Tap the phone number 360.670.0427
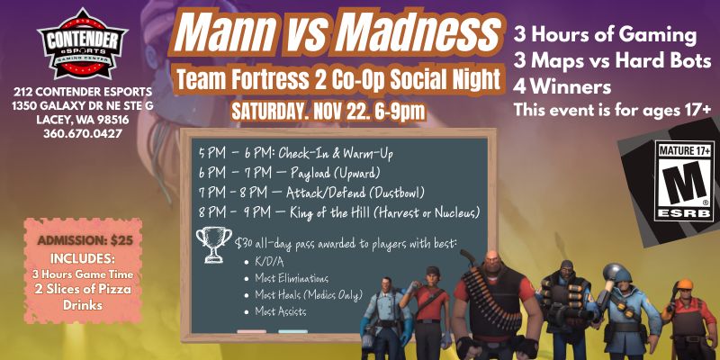pyautogui.click(x=81, y=134)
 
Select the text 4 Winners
pyautogui.click(x=562, y=88)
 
